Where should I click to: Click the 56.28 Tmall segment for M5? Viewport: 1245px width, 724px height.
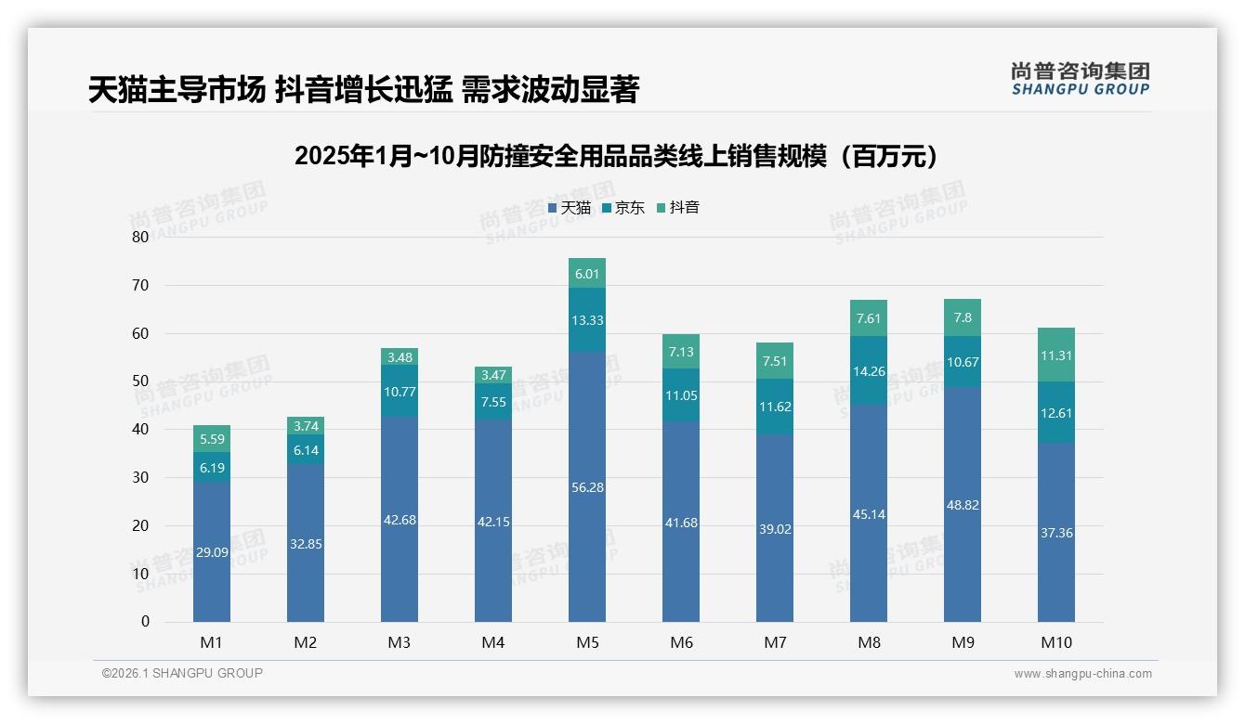[587, 486]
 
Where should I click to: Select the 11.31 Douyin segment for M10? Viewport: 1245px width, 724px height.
[1056, 356]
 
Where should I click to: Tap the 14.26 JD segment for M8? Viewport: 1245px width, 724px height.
[869, 370]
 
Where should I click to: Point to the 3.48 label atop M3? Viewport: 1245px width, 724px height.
[400, 357]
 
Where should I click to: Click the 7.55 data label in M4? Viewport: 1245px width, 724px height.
[493, 402]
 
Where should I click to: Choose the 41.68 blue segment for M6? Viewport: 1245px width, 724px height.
[681, 523]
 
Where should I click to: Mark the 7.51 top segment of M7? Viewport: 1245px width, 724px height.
[775, 361]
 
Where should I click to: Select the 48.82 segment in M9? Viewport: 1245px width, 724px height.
[963, 505]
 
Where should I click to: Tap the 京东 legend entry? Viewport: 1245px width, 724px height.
[623, 208]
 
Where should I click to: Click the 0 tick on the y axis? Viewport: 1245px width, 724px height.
[145, 622]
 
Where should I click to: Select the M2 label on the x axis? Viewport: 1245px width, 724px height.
[306, 642]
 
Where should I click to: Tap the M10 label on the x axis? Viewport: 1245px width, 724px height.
[1056, 642]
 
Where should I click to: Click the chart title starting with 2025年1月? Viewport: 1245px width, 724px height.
[621, 156]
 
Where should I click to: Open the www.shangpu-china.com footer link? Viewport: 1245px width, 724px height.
[1082, 673]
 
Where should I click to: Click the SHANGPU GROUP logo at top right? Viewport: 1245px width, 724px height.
[1080, 79]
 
